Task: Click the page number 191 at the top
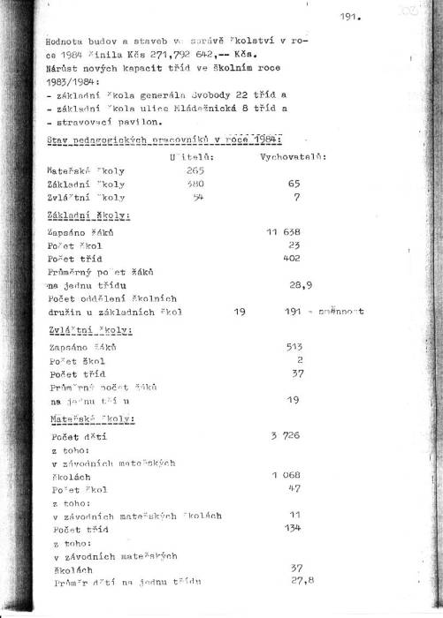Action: [351, 17]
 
